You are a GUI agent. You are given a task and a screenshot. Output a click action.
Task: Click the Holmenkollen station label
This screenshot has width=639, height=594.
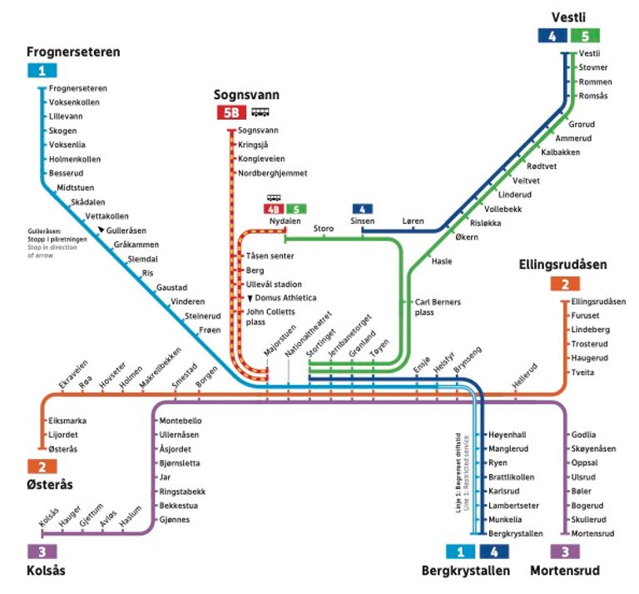point(75,159)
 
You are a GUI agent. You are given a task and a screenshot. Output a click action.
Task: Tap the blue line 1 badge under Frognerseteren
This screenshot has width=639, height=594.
point(42,71)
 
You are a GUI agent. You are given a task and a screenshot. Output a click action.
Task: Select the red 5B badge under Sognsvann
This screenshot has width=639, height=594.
point(231,112)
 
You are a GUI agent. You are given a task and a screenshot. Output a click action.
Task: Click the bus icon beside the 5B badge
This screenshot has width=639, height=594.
point(260,112)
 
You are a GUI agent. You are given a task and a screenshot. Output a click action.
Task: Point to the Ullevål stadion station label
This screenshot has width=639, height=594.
point(274,285)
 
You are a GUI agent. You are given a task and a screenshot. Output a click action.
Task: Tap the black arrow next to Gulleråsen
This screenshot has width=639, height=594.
point(101,230)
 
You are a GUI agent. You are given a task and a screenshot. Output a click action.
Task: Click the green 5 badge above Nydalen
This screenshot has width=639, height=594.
point(296,209)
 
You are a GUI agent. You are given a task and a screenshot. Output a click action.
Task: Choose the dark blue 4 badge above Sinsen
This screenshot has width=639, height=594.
point(362,209)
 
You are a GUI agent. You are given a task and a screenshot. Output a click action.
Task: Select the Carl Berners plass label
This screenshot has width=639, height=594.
point(438,307)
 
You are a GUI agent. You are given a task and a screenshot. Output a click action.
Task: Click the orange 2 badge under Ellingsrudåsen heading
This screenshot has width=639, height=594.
point(565,284)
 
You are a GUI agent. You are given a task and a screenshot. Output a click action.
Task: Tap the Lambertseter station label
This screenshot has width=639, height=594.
point(513,506)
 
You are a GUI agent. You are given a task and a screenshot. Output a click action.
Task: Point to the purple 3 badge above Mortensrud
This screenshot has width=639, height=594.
point(565,552)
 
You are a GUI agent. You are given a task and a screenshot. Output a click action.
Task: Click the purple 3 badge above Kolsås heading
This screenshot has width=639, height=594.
point(42,552)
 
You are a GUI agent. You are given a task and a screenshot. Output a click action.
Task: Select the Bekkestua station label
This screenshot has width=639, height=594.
point(179,506)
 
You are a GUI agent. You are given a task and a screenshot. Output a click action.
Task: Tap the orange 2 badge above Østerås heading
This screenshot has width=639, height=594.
point(42,467)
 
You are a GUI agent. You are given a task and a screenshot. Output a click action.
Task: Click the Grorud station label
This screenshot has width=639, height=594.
point(582,124)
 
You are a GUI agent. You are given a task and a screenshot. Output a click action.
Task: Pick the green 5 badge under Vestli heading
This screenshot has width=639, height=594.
point(585,36)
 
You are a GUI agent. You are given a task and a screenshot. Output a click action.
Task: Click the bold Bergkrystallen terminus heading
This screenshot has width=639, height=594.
point(465,571)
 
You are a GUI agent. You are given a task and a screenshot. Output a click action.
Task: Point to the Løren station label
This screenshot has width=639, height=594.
point(413,220)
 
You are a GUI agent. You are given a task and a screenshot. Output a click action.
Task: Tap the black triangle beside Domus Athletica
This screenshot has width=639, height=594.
point(250,299)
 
